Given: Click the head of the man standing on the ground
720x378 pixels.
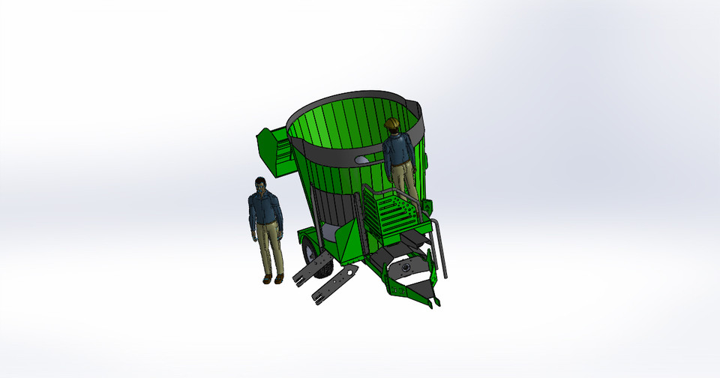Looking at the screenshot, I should click(x=260, y=184).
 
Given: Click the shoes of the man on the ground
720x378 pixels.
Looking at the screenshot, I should click(x=272, y=280).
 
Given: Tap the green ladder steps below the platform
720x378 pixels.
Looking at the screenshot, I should click(x=394, y=214).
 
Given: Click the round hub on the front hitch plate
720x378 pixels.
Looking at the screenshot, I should click(x=406, y=268).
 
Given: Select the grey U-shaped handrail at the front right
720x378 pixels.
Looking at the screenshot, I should click(x=439, y=247).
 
